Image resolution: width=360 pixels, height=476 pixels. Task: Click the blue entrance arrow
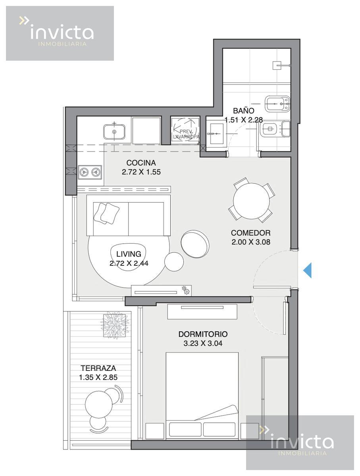point(307,270)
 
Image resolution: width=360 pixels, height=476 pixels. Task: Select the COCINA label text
point(141,163)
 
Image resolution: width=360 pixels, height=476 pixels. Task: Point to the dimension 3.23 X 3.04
point(203,343)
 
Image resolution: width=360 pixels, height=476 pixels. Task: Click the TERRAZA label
point(98,368)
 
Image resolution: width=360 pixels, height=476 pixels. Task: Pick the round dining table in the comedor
point(251,201)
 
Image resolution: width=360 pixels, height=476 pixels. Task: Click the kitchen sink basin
point(114,132)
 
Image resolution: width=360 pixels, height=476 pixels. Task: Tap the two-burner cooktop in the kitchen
point(90,172)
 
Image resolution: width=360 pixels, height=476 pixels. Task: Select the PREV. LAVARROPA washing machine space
point(185,131)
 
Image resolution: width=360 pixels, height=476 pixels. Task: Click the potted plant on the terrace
point(115,325)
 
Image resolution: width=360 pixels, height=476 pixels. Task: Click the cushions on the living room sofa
point(106,213)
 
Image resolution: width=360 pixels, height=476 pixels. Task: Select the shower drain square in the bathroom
point(277,65)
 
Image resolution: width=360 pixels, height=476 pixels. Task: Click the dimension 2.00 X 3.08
point(250,242)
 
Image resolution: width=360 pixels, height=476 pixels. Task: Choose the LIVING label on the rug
point(129,254)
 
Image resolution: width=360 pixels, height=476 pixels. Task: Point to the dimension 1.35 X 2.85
point(98,377)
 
